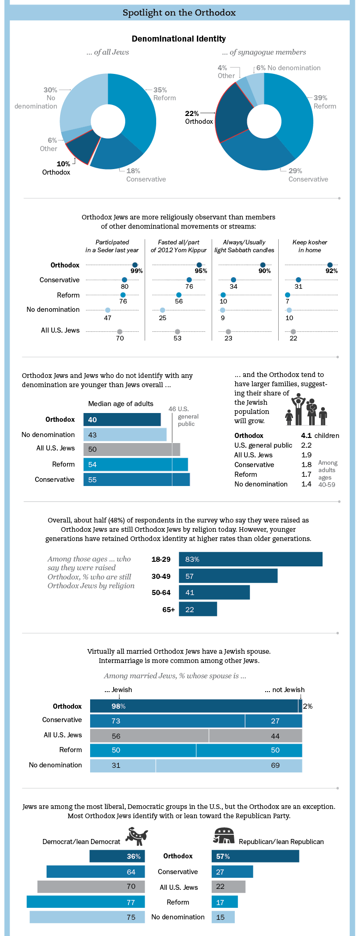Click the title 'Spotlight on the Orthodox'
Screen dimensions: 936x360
point(179,12)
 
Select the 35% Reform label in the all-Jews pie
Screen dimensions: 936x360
point(164,94)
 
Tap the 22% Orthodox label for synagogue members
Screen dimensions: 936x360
point(199,117)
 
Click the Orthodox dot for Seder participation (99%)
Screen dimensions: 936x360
point(134,265)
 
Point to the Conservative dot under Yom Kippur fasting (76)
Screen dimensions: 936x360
point(189,280)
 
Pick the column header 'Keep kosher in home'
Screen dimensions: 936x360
point(310,246)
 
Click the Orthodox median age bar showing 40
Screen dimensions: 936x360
point(122,419)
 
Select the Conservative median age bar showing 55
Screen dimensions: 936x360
point(136,480)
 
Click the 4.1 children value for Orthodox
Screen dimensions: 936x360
point(306,435)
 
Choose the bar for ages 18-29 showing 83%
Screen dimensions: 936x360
point(250,559)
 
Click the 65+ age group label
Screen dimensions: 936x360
point(168,609)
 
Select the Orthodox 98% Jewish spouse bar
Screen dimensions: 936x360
point(194,706)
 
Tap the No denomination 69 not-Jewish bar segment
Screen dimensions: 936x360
point(229,765)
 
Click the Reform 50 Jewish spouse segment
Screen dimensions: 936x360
point(143,750)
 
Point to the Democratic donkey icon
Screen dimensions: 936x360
point(137,836)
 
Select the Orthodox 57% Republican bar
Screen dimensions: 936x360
point(255,856)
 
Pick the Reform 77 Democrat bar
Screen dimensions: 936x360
point(85,902)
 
